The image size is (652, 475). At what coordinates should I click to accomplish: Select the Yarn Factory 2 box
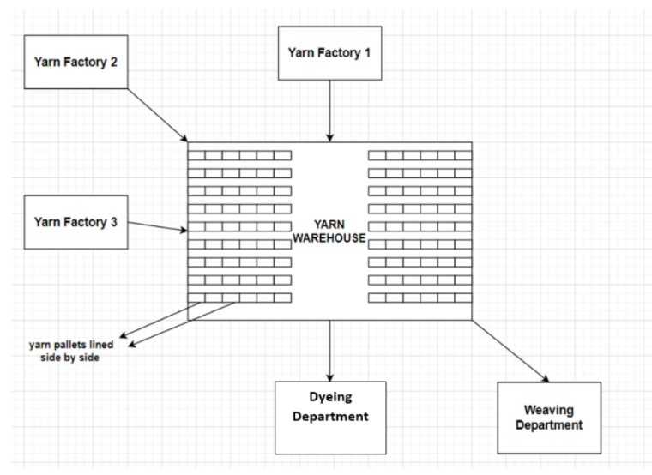[x=76, y=62]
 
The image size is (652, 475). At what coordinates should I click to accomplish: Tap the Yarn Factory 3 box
[x=76, y=222]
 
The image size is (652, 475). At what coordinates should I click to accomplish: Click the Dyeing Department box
[x=330, y=417]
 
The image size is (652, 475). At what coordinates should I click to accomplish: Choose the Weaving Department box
[x=549, y=418]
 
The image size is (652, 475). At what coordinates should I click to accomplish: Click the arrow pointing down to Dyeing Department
[x=329, y=347]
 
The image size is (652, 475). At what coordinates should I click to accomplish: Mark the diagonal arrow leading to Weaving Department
[x=510, y=351]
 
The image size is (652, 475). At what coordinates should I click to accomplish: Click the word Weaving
[x=549, y=409]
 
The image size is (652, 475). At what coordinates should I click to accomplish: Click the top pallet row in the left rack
[x=239, y=155]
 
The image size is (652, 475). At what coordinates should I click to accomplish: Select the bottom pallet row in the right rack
[x=420, y=298]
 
